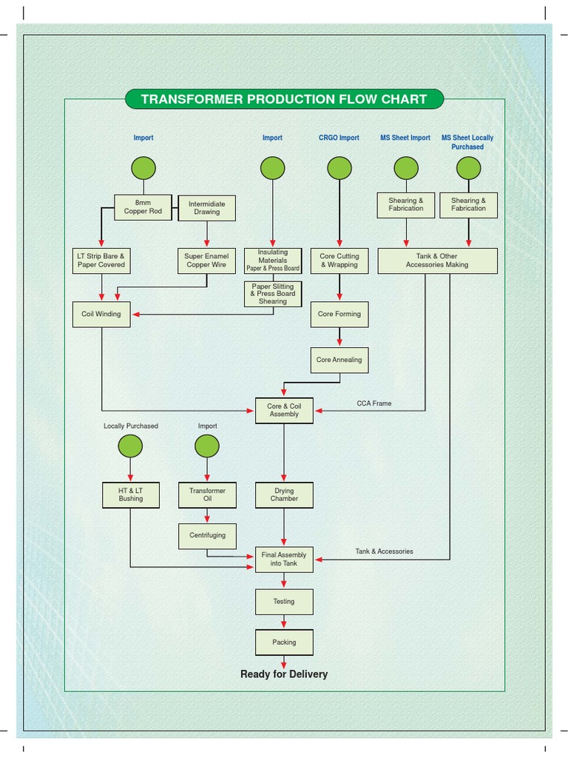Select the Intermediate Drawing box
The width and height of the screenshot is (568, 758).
point(207,208)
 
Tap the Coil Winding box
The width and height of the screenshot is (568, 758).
point(101,314)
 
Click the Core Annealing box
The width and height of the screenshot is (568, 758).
point(339,360)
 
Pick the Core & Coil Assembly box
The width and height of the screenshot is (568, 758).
point(284,410)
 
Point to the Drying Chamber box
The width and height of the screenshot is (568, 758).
point(284,494)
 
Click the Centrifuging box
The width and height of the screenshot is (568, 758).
point(207,535)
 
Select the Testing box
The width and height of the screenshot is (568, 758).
point(284,602)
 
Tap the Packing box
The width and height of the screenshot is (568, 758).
point(284,643)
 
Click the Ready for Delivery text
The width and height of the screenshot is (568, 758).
point(284,674)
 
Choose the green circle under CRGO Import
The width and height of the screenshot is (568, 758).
point(339,168)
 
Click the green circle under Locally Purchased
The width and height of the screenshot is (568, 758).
point(131,446)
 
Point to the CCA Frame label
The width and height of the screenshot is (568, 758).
point(374,403)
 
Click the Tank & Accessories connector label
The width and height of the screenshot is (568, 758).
point(385,551)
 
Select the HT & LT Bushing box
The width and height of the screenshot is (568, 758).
point(131,494)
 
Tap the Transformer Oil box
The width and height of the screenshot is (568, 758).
point(207,494)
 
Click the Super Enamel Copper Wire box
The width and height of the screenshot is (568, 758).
point(207,261)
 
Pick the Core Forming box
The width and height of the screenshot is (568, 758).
point(339,314)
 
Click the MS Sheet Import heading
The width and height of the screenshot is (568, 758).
point(405,138)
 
